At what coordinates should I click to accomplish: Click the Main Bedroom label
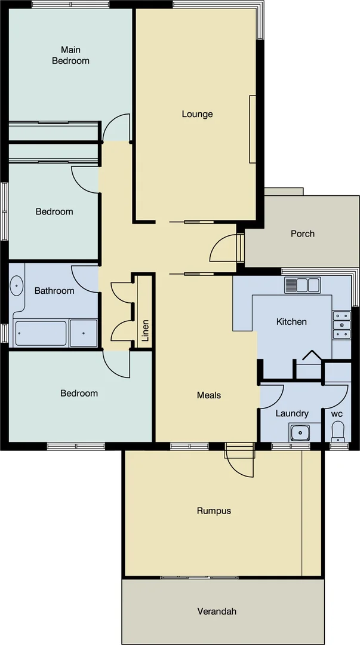point(70,55)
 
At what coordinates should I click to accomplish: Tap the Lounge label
point(197,114)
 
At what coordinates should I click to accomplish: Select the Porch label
point(302,234)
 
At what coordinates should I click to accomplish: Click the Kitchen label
point(291,322)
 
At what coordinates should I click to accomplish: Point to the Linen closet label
point(145,330)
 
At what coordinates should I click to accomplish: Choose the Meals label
point(209,395)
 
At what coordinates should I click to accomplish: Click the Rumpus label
point(214,511)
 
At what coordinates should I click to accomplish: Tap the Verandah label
point(217,611)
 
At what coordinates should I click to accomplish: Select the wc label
point(337,413)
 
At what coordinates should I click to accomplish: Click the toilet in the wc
point(338,431)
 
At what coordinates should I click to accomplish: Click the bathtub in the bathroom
point(41,333)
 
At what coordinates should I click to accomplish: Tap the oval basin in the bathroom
point(16,287)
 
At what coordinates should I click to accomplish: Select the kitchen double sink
point(302,285)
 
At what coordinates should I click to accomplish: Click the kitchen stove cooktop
point(342,325)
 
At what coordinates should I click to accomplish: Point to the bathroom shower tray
point(83,333)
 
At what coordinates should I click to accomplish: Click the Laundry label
point(292,413)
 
